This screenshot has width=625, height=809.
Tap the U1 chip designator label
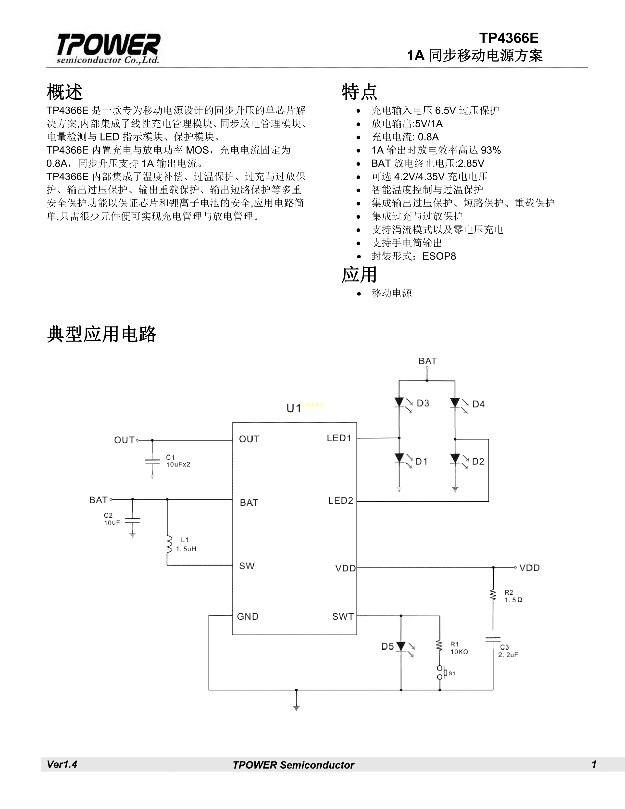(294, 408)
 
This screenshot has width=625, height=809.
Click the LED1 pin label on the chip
(339, 438)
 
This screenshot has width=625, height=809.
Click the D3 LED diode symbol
(399, 403)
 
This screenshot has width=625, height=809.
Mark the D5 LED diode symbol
(401, 647)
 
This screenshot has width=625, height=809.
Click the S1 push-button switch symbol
(441, 672)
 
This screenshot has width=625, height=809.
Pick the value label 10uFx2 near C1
(178, 465)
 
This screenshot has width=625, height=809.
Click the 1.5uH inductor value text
(186, 549)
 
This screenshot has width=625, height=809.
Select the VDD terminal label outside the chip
(529, 568)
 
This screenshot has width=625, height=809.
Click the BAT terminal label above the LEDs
(427, 361)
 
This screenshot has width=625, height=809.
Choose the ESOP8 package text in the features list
(439, 256)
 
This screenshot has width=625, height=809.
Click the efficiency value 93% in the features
(491, 150)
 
